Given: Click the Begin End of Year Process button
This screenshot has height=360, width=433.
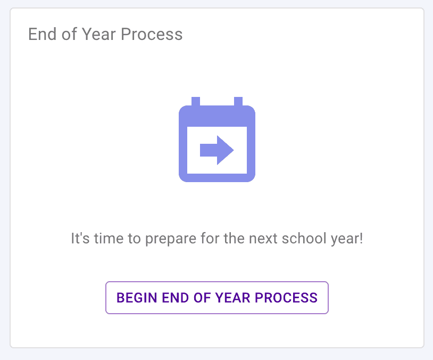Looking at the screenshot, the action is click(217, 298).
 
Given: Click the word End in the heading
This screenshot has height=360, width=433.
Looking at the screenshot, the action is click(42, 34).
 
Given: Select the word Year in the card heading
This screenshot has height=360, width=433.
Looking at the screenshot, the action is click(99, 34).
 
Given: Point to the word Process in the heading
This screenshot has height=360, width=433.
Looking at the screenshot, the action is click(152, 34).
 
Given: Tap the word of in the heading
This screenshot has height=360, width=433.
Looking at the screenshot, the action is click(69, 34).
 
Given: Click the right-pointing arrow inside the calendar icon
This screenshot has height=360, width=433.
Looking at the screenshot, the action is click(217, 150).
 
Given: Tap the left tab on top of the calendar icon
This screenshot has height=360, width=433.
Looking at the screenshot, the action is click(196, 102).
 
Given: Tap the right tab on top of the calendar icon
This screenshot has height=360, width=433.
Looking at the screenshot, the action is click(238, 102).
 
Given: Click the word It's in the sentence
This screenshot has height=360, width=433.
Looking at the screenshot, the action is click(80, 238).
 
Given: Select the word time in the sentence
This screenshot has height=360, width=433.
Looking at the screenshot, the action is click(109, 238).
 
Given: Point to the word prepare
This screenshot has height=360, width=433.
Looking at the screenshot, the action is click(171, 239).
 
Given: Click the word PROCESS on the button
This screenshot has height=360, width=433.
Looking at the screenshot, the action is click(286, 298).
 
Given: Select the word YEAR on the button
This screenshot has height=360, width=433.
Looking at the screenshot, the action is click(232, 298).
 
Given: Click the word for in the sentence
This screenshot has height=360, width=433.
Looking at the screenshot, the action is click(210, 238).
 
